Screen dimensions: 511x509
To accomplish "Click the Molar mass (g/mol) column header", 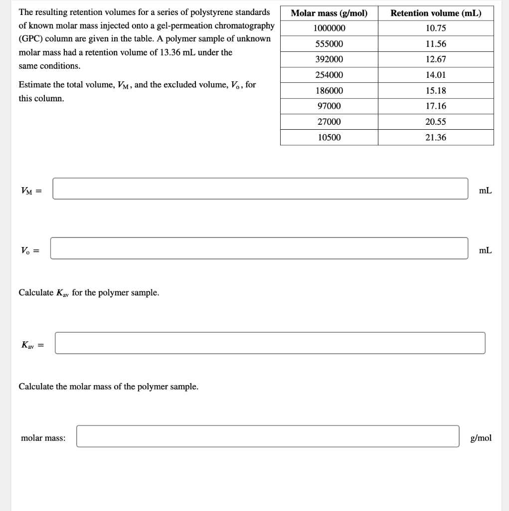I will tap(329, 13).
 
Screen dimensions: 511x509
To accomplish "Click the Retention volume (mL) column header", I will tap(436, 13).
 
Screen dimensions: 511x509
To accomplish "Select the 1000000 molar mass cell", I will tap(329, 28).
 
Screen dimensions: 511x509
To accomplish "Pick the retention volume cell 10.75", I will tap(436, 28).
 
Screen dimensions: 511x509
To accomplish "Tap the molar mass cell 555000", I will tap(329, 44).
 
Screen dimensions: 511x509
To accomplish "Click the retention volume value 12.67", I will tap(436, 59).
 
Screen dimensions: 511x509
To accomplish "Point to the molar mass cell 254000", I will tap(329, 75).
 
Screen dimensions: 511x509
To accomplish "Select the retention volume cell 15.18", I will tap(436, 91).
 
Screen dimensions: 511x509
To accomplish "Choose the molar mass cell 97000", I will tap(329, 106).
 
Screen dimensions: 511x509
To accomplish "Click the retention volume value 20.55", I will tap(436, 122).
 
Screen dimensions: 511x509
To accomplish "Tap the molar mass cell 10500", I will tap(329, 137).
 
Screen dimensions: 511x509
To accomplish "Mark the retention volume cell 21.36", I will tap(436, 137).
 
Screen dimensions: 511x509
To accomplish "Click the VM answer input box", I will tap(260, 189).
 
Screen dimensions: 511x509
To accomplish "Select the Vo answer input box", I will tap(259, 249).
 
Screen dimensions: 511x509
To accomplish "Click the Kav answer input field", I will tap(270, 343).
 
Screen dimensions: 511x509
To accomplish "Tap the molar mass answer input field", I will tap(268, 436).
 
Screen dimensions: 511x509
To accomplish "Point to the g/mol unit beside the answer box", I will tap(481, 438).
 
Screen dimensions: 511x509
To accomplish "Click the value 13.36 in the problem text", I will tap(170, 52).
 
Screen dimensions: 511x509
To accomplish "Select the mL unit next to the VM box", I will tap(485, 190).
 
